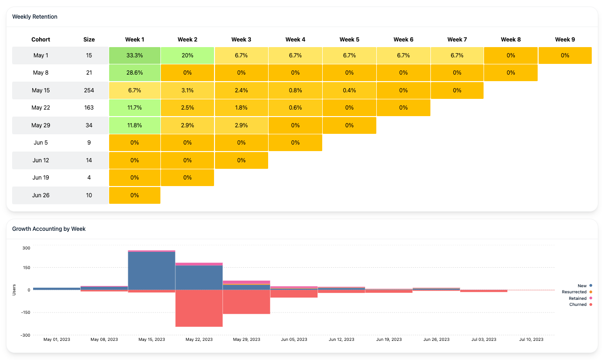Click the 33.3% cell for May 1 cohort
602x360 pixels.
(135, 55)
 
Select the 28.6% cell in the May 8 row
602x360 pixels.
(135, 73)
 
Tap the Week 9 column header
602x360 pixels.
(565, 40)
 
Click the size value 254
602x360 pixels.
(89, 90)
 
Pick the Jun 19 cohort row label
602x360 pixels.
(41, 178)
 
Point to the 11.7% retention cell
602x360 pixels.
(135, 108)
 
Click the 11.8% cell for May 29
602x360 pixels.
(135, 125)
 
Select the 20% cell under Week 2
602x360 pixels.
(187, 55)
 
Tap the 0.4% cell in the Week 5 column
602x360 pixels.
(349, 90)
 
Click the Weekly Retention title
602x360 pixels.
(35, 17)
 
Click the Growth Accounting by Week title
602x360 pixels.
(49, 229)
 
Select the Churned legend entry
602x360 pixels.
(580, 305)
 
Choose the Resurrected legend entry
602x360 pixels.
(576, 291)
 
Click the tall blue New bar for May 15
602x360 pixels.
(152, 270)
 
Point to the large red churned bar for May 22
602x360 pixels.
(199, 308)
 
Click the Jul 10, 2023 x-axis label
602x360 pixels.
(531, 339)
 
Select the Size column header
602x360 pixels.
(89, 40)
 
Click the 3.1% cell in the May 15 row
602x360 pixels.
(187, 90)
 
